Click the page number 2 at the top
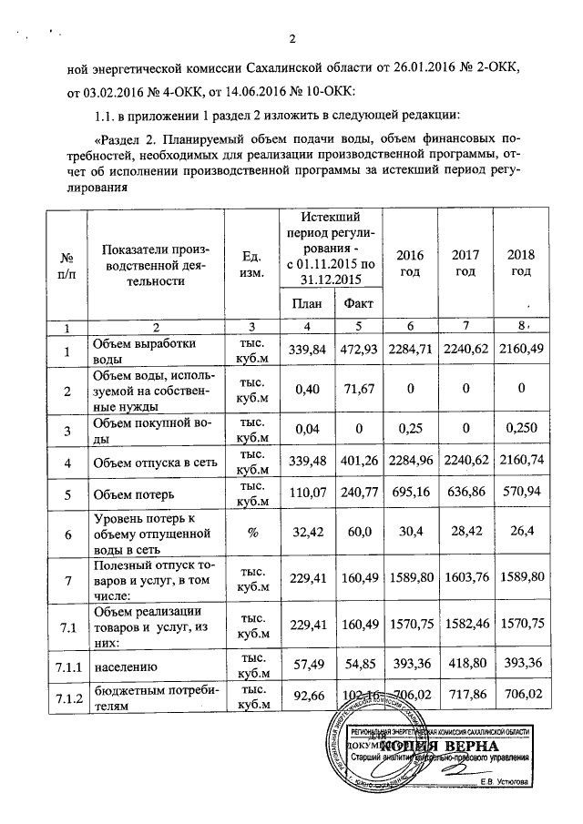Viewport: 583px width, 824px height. tap(292, 38)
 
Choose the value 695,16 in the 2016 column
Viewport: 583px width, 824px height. tap(409, 496)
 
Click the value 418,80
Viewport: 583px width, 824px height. tap(465, 667)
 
